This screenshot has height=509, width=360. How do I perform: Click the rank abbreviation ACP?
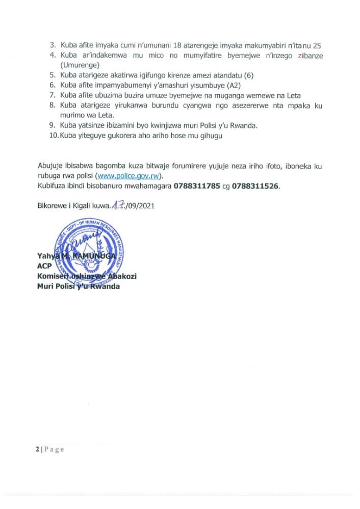[x=45, y=266]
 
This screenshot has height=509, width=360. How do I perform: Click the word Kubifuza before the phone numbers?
[x=53, y=186]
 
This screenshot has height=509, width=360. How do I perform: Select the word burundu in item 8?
[x=168, y=105]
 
